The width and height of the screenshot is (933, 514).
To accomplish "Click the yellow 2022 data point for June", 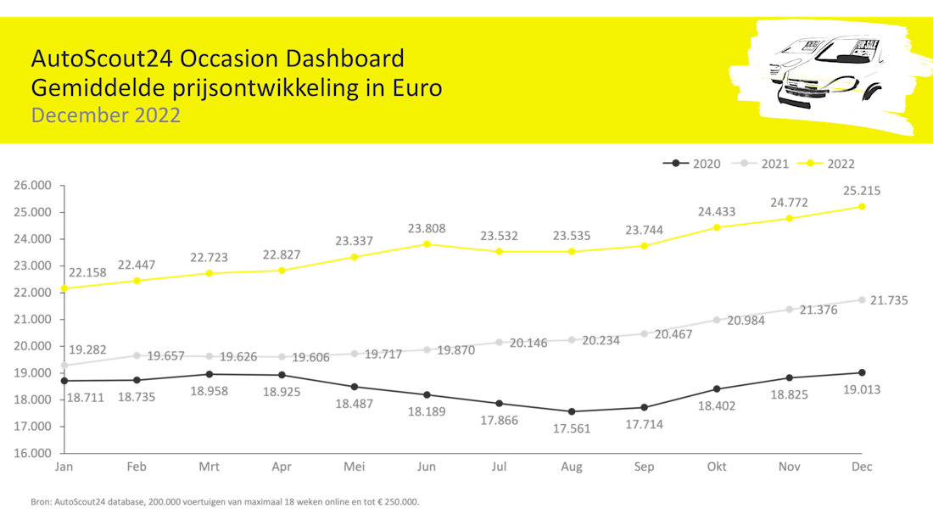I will click(x=427, y=243).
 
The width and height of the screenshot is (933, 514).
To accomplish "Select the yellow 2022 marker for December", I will click(x=863, y=206).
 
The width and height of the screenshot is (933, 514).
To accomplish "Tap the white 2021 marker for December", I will click(x=863, y=300).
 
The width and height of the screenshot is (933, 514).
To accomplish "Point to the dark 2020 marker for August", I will click(x=572, y=411).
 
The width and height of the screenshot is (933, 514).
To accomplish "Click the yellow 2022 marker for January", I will click(x=64, y=288).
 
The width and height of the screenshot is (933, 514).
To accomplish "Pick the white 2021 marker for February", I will click(x=137, y=355).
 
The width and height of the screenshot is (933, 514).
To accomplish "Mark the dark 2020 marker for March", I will click(x=210, y=373).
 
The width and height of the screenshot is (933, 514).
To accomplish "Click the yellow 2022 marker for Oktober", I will click(x=717, y=227).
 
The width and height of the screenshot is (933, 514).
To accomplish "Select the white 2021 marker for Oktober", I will click(x=717, y=320).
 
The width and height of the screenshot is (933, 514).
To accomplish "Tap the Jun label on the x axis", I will click(x=427, y=467).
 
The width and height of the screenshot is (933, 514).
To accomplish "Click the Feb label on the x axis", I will click(x=137, y=467).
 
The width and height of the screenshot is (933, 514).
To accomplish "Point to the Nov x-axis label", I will click(x=789, y=467).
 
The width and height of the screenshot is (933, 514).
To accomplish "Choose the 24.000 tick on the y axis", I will click(x=34, y=238).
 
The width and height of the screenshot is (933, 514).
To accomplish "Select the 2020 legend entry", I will click(x=699, y=163).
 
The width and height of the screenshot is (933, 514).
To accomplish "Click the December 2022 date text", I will click(x=106, y=115).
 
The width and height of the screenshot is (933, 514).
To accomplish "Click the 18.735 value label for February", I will click(x=137, y=396).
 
